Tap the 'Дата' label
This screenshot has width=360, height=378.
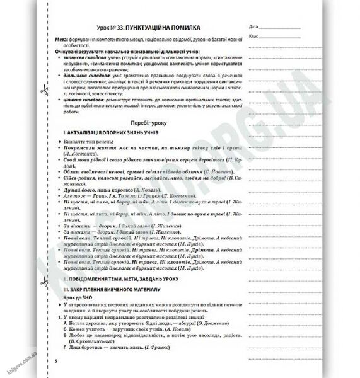pos(253,28)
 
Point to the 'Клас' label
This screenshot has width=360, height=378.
pos(253,37)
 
